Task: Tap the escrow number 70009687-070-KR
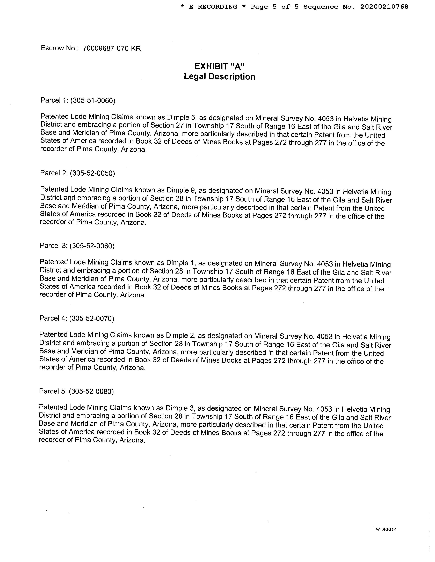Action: (112, 48)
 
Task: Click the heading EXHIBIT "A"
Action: (219, 66)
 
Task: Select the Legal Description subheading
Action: (219, 77)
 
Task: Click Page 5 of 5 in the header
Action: (274, 7)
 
